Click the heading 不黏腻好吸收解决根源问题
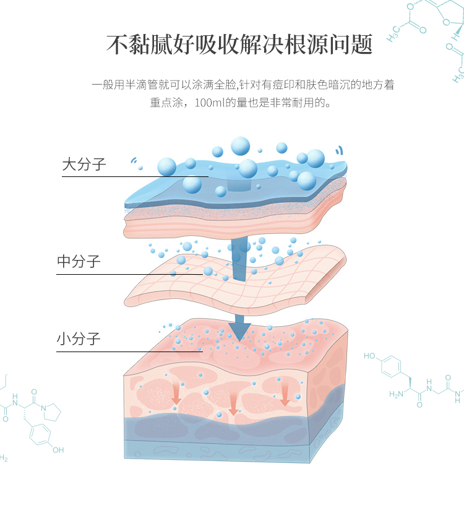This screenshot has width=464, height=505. pos(239,45)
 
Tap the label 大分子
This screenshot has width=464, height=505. pos(84,165)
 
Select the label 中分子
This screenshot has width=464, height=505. pos(79,262)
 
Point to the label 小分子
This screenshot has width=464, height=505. pos(79,339)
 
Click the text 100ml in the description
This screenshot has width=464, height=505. pos(208,102)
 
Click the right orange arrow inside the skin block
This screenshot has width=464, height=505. pos(285,397)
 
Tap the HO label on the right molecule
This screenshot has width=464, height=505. pos(369,356)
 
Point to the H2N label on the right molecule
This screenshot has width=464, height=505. pos(396,394)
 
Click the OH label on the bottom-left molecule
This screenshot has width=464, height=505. pos(58,450)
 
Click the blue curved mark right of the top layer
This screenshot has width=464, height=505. pos(338,150)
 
